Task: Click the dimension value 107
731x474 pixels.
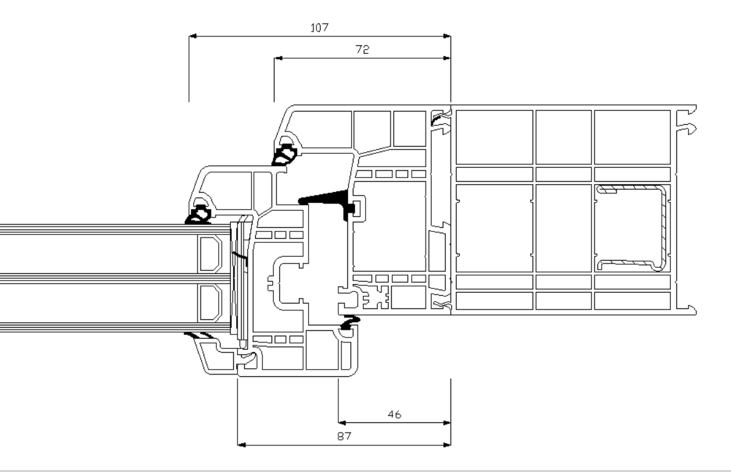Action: [x=319, y=28]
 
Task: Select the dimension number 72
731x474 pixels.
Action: [x=363, y=50]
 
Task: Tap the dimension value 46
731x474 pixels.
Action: [x=395, y=414]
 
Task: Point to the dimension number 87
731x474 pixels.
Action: [x=344, y=436]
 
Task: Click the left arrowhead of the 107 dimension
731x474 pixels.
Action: [x=192, y=36]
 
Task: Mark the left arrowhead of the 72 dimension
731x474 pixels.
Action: [x=278, y=58]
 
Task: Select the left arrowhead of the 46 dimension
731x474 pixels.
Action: [x=342, y=423]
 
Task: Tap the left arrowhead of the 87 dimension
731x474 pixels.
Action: [x=241, y=445]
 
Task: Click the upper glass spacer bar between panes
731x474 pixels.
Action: [x=211, y=253]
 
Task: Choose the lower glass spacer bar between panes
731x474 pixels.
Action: [x=211, y=303]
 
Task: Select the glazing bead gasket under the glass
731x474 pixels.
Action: [x=200, y=335]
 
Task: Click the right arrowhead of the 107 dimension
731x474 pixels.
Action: [x=447, y=36]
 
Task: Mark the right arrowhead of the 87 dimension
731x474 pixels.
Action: [x=447, y=445]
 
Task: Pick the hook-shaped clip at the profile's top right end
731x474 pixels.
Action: [x=689, y=128]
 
